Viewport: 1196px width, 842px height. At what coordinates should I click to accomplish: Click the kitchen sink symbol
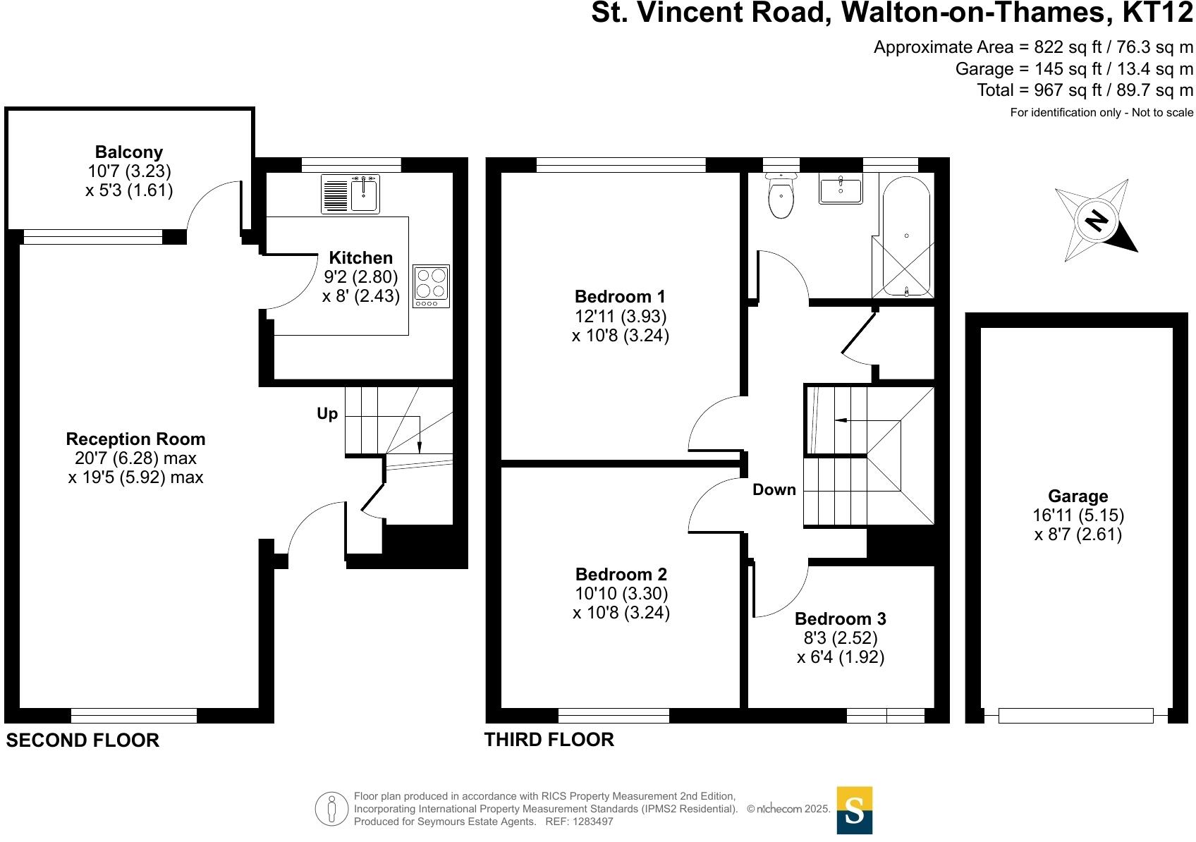click(350, 194)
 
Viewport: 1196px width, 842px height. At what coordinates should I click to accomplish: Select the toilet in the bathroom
click(781, 195)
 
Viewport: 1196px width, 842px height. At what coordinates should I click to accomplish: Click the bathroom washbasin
click(841, 190)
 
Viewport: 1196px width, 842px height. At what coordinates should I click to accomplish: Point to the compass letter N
click(1095, 221)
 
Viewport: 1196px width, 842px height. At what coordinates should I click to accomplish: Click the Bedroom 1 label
click(620, 296)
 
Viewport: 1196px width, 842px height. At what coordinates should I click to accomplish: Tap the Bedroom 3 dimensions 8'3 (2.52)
click(841, 638)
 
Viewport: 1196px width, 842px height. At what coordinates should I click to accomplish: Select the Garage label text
click(1078, 496)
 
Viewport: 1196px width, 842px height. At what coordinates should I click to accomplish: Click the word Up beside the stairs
click(327, 414)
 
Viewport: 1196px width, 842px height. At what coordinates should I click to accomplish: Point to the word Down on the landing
click(774, 489)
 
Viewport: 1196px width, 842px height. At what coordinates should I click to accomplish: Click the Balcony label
click(129, 152)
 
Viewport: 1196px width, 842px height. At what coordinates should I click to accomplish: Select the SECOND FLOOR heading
click(83, 740)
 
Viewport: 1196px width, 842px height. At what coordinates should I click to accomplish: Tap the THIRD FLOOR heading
click(549, 739)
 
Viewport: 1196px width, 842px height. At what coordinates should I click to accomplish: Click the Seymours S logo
click(855, 810)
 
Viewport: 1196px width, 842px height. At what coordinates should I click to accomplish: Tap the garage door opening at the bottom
click(1075, 716)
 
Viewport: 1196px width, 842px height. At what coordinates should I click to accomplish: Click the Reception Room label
click(136, 439)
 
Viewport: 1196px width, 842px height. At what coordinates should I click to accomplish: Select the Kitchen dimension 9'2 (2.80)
click(361, 277)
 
